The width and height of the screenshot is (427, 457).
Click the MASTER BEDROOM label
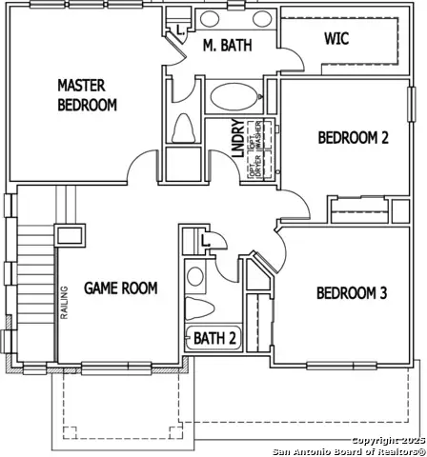pos(87,95)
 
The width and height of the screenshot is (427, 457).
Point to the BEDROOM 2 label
pos(353,137)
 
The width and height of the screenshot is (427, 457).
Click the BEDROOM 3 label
pos(351,292)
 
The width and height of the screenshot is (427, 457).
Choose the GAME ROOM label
pos(120,288)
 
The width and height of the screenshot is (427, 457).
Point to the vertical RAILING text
pos(65,304)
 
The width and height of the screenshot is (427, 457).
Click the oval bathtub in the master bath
pos(234,98)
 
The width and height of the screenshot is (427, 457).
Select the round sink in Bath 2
pos(195,277)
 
